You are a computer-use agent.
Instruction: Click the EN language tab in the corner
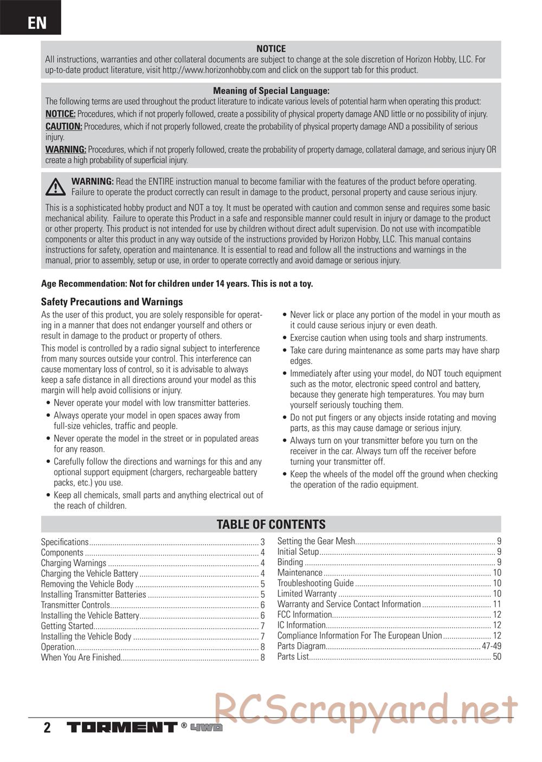pyautogui.click(x=36, y=22)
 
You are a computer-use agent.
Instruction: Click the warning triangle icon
pyautogui.click(x=55, y=187)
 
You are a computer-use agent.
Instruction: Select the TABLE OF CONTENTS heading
pyautogui.click(x=271, y=524)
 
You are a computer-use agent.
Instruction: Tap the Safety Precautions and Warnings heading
pyautogui.click(x=112, y=302)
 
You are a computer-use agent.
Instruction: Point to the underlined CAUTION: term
pyautogui.click(x=63, y=127)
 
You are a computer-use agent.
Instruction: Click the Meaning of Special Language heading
pyautogui.click(x=271, y=91)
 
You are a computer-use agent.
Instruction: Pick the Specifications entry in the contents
pyautogui.click(x=64, y=542)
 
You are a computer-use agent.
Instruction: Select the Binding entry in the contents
pyautogui.click(x=290, y=562)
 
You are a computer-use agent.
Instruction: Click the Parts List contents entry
pyautogui.click(x=293, y=657)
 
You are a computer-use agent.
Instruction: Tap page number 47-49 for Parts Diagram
pyautogui.click(x=491, y=646)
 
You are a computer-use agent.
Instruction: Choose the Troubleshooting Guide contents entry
pyautogui.click(x=315, y=583)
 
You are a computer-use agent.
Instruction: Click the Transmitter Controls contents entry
pyautogui.click(x=75, y=605)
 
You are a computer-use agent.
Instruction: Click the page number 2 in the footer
pyautogui.click(x=47, y=727)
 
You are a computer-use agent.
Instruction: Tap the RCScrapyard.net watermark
pyautogui.click(x=366, y=709)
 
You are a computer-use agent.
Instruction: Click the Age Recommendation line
pyautogui.click(x=177, y=284)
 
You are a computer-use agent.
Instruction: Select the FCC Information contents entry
pyautogui.click(x=305, y=615)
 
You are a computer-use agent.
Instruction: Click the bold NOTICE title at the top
pyautogui.click(x=271, y=49)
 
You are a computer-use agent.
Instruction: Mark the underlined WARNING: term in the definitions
pyautogui.click(x=66, y=150)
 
